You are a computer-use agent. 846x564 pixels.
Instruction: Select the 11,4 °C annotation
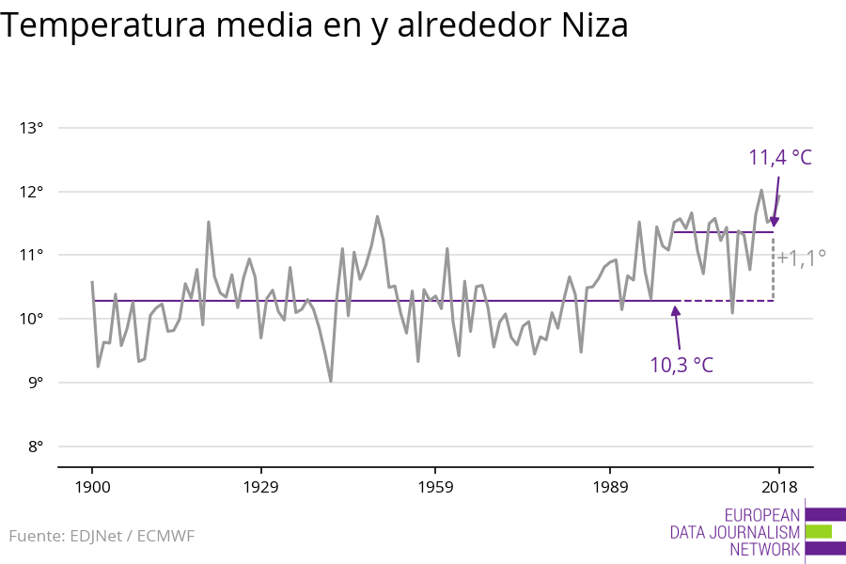click(x=779, y=157)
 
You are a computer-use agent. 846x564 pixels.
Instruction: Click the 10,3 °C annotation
click(x=681, y=365)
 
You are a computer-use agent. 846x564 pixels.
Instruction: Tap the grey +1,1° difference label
click(x=801, y=257)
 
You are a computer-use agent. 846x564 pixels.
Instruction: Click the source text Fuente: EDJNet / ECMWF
click(x=102, y=537)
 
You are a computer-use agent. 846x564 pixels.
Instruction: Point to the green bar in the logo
click(x=819, y=531)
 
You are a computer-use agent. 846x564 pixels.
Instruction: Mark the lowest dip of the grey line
click(x=331, y=381)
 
